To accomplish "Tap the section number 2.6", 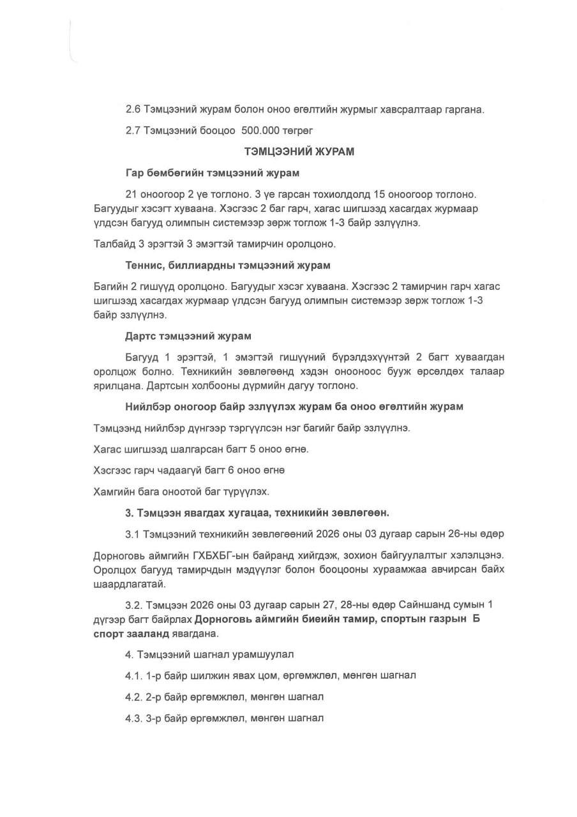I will coord(133,109).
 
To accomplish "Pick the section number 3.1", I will coord(133,533).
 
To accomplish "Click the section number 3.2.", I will coord(134,604).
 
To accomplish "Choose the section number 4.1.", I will coord(134,675).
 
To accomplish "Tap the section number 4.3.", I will coord(134,717).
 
